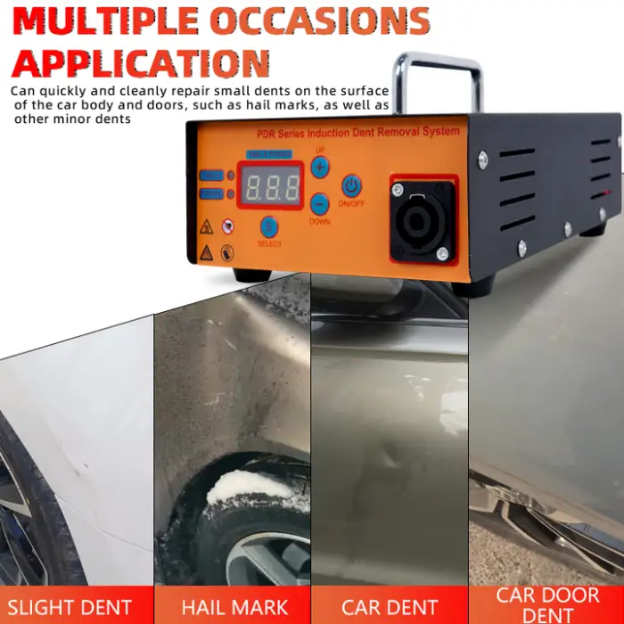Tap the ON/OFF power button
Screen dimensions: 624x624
tap(351, 186)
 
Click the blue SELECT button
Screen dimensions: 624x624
tap(268, 226)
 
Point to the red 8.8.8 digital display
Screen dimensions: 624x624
tap(269, 186)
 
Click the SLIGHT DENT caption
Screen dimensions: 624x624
tap(77, 608)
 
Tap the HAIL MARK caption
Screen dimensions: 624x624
tap(234, 608)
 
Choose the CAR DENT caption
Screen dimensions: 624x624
tap(390, 608)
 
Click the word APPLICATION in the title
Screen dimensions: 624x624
tap(141, 62)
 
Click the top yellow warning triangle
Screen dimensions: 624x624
tap(206, 226)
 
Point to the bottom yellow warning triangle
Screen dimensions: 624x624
tap(206, 252)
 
